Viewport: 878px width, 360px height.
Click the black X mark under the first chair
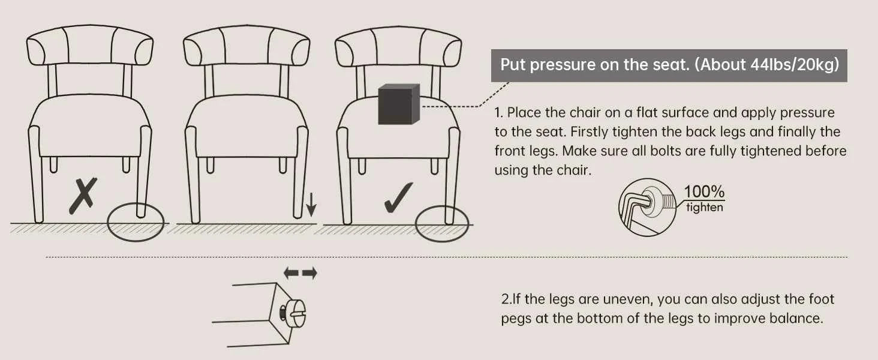click(83, 196)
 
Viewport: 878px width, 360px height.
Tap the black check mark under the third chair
click(398, 199)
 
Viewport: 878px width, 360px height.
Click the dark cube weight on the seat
click(399, 104)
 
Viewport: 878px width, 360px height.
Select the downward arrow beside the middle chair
click(311, 205)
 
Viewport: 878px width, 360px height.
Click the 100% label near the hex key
click(704, 192)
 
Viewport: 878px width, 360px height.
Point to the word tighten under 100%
click(704, 207)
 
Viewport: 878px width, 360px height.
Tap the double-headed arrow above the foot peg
click(300, 273)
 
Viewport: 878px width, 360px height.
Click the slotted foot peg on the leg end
click(295, 313)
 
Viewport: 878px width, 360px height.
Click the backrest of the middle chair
click(246, 46)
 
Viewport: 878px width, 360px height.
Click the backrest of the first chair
click(90, 46)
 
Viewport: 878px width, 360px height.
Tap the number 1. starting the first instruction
click(498, 113)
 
